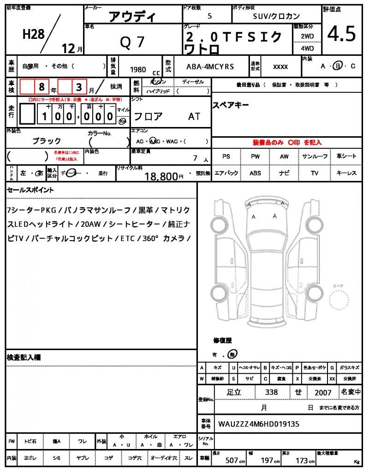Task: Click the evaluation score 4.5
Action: [342, 34]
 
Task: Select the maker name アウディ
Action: [132, 17]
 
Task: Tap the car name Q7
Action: [132, 42]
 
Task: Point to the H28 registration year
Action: [34, 34]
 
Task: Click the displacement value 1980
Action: [138, 70]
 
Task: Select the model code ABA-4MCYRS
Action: [210, 67]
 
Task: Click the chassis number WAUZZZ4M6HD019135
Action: [259, 423]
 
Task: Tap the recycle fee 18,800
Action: [161, 176]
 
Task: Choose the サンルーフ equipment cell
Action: [315, 157]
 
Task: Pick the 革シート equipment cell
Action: [346, 157]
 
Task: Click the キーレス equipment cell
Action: [346, 173]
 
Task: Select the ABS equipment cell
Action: [255, 173]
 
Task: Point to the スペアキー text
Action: [231, 105]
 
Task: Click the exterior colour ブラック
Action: [47, 141]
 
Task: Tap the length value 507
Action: [232, 461]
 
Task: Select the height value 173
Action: [302, 461]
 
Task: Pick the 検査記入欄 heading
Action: [24, 358]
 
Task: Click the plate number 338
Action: [272, 392]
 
